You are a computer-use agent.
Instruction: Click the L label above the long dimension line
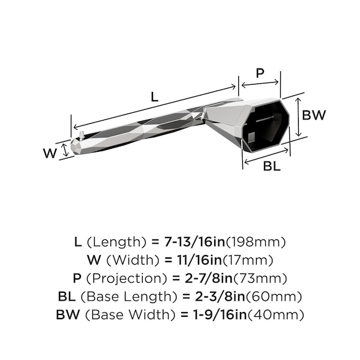[155, 97]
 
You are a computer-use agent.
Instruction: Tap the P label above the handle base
[260, 73]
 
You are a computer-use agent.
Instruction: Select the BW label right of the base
[314, 115]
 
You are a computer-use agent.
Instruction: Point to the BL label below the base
[272, 166]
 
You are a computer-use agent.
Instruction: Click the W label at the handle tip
[50, 153]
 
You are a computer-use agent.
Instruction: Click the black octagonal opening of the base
[266, 125]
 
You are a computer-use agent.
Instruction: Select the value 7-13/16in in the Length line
[194, 242]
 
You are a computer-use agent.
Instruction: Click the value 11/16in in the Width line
[199, 260]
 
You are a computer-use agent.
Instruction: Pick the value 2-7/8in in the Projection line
[209, 278]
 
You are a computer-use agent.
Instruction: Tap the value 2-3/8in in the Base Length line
[220, 296]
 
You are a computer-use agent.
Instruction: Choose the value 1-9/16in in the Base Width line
[220, 314]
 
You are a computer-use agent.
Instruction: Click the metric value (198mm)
[256, 242]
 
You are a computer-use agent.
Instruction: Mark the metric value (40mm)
[275, 314]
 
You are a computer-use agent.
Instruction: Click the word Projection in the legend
[127, 279]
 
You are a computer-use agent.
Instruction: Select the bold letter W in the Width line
[94, 260]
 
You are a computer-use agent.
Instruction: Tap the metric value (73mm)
[260, 278]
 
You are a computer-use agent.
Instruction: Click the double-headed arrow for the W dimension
[65, 149]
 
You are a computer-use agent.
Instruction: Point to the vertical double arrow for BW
[298, 117]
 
